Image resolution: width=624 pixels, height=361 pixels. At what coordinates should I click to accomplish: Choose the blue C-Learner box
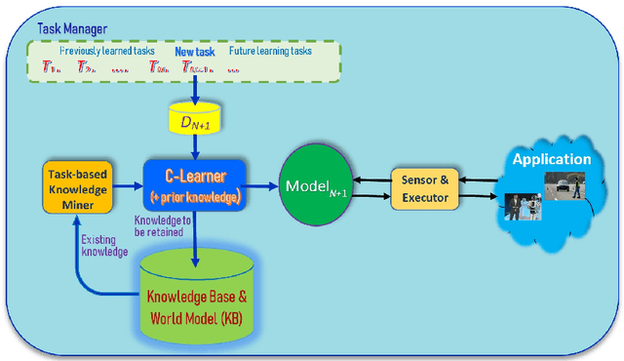(195, 183)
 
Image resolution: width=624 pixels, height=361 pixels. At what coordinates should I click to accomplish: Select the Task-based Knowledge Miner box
(78, 183)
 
